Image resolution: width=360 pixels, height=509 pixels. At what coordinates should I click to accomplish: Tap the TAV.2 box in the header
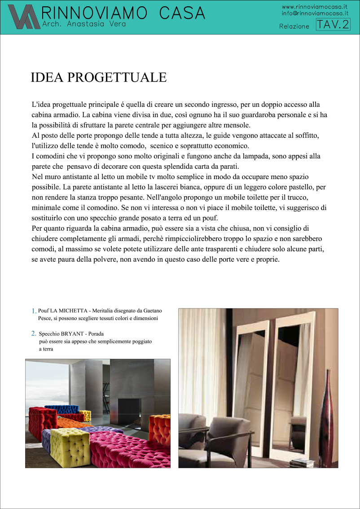(x=333, y=24)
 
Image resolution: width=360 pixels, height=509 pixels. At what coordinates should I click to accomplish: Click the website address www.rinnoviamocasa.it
(x=315, y=7)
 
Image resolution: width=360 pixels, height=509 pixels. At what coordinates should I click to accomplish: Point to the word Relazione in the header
(x=294, y=26)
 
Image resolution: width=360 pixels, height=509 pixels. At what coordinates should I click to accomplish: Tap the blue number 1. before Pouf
(x=34, y=311)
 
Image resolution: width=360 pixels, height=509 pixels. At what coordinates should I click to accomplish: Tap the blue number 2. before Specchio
(x=34, y=333)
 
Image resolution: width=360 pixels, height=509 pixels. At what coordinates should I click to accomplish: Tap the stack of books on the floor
(x=300, y=462)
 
